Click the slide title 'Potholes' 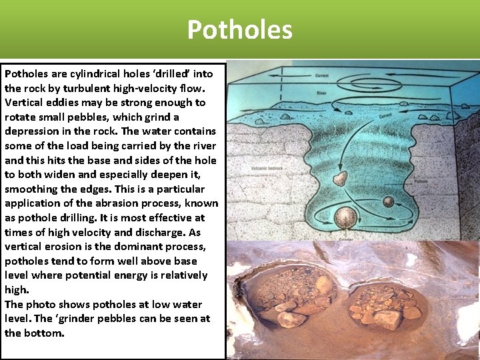(x=239, y=30)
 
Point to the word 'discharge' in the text (x=159, y=232)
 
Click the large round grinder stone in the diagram (x=345, y=218)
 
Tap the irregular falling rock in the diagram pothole (x=340, y=178)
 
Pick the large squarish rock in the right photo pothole (x=389, y=319)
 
